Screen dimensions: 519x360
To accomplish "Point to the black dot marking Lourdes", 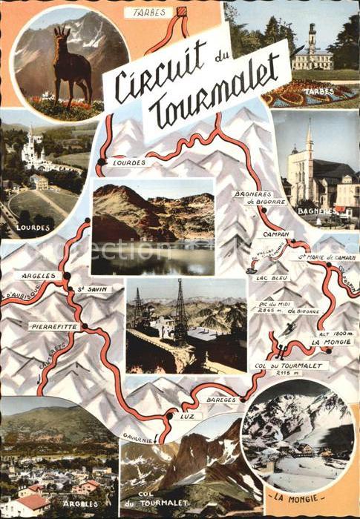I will pyautogui.click(x=101, y=161).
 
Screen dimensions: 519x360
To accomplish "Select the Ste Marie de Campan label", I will pyautogui.click(x=327, y=257).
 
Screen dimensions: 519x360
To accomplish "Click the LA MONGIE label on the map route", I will pyautogui.click(x=327, y=342).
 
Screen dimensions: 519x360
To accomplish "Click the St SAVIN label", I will pyautogui.click(x=95, y=288).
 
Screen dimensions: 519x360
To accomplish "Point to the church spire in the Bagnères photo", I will pyautogui.click(x=309, y=137).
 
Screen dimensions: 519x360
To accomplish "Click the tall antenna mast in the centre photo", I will pyautogui.click(x=180, y=304).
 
